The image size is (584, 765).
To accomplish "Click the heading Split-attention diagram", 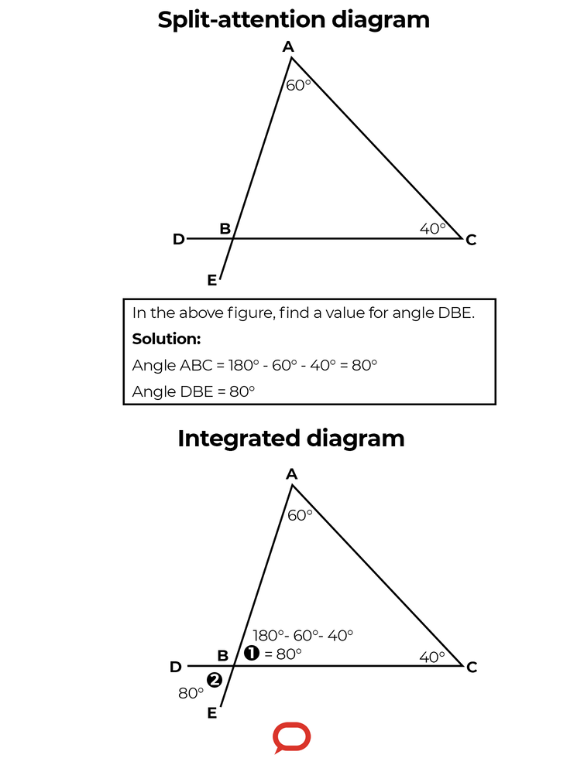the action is [x=294, y=20].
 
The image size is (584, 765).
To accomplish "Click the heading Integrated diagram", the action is [x=291, y=439].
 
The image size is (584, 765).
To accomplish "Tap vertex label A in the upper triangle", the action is [x=288, y=47].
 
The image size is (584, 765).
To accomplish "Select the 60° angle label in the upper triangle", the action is [x=299, y=85].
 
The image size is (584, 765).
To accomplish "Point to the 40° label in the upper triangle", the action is [x=433, y=228].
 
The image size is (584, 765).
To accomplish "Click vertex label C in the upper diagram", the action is [x=471, y=240].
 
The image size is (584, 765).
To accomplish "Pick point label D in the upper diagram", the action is [x=179, y=239].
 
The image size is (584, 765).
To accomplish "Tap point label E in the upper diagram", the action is [x=211, y=281].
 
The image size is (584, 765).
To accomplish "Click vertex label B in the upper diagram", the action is [x=225, y=228].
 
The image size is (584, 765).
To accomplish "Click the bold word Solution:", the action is [x=167, y=339].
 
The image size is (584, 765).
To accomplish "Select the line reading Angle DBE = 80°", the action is [x=194, y=391].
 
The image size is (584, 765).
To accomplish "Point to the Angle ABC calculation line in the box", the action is [x=255, y=365].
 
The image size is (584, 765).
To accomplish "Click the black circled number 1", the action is [x=251, y=653].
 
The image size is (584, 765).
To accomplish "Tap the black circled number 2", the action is [x=214, y=680].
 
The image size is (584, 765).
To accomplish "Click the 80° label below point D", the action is [x=191, y=693].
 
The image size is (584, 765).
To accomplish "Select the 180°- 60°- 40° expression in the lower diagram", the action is [x=303, y=635].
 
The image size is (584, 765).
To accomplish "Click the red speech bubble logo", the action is [x=292, y=737].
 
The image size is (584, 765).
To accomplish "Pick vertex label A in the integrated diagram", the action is [x=292, y=473].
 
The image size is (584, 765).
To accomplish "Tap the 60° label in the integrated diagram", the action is [x=300, y=515].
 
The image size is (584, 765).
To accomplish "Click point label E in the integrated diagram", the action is [x=211, y=713].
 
